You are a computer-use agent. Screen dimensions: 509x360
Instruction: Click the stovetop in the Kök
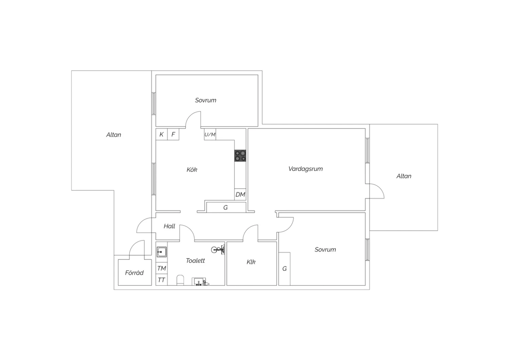[240, 156]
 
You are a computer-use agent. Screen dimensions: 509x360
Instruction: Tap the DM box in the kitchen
[240, 195]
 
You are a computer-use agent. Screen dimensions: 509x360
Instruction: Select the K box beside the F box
[162, 134]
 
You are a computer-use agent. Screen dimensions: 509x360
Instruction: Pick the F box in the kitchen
[173, 134]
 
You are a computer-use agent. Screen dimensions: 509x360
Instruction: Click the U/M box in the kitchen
[210, 134]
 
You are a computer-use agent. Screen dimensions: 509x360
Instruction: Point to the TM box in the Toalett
[162, 268]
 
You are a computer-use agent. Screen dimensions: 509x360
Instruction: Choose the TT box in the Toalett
[162, 280]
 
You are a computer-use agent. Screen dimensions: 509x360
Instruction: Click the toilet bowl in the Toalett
[180, 281]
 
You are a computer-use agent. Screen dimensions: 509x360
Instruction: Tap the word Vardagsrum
[305, 169]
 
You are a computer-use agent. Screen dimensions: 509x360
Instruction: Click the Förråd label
[134, 273]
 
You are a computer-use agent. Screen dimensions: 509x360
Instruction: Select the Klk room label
[251, 262]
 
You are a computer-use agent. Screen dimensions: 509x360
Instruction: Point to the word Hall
[169, 226]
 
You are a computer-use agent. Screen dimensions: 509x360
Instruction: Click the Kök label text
[192, 170]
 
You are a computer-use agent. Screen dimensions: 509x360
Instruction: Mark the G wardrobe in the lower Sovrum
[284, 269]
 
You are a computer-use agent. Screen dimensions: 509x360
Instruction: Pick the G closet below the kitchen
[225, 208]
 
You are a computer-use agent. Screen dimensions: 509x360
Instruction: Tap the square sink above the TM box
[162, 252]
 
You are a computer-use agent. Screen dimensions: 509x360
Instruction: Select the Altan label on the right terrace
[404, 176]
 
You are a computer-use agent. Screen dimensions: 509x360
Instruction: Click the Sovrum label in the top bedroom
[206, 100]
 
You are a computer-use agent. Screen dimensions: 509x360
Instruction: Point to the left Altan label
[114, 135]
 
